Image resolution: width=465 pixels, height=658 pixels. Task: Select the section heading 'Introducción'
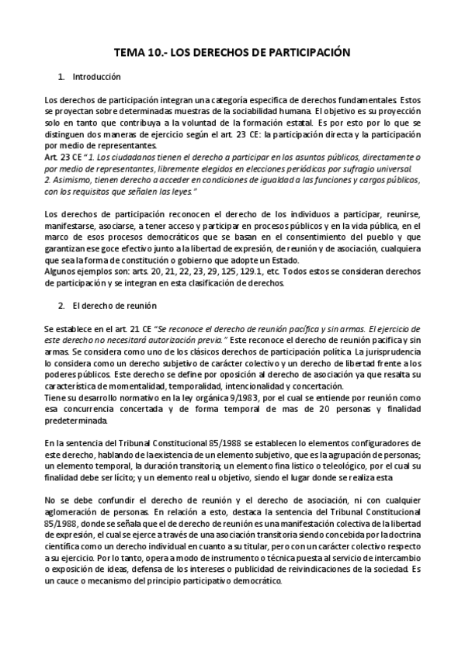click(95, 78)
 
